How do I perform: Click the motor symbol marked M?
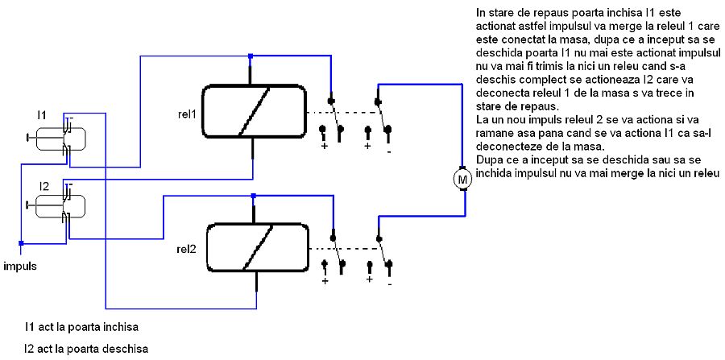pos(462,179)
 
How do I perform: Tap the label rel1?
pos(188,112)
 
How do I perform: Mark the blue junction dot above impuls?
pos(22,242)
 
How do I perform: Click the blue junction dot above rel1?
pos(251,56)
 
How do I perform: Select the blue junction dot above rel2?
pos(255,196)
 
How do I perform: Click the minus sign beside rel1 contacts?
pos(389,150)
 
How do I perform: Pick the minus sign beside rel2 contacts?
pos(390,283)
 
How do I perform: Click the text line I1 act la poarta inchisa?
pos(81,328)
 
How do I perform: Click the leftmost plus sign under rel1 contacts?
pos(325,147)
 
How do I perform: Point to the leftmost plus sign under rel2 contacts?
pos(325,281)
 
